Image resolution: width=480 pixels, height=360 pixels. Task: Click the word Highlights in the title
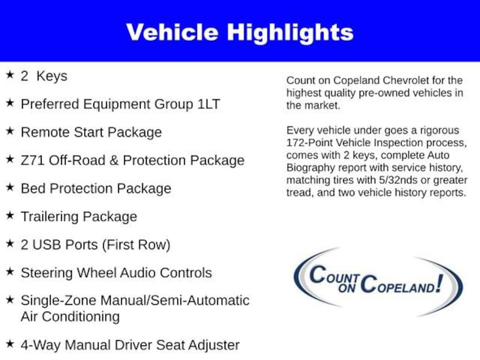(x=290, y=32)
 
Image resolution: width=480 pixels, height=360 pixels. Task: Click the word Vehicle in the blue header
(x=172, y=32)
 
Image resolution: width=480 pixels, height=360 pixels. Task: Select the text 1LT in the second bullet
(x=208, y=104)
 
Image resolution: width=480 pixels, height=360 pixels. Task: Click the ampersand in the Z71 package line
(x=113, y=160)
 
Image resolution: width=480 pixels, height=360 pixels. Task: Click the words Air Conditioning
(x=70, y=316)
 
